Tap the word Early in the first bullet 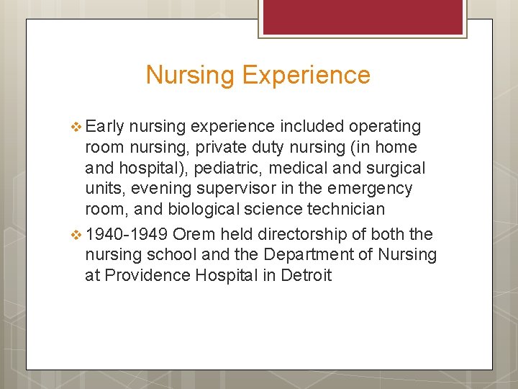[106, 127]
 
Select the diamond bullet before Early [78, 127]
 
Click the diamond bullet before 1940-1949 [78, 235]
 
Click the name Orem [195, 235]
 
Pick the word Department [314, 255]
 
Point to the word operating [385, 127]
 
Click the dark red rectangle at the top [362, 16]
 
